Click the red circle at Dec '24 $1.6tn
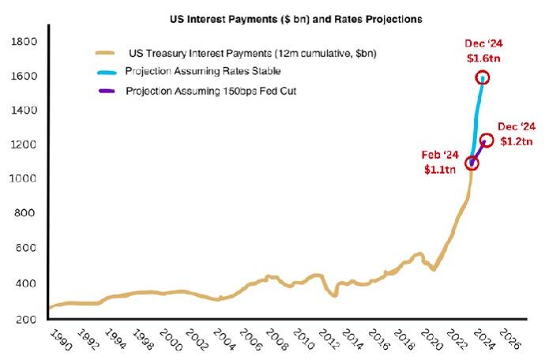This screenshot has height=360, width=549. coord(482,77)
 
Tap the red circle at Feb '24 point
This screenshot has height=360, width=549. coord(472,163)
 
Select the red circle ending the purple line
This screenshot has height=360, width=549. coord(487,140)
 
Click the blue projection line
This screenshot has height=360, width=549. coord(476,118)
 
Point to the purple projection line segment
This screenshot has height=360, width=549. coord(479,152)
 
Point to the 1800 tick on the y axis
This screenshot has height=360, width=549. coord(24,41)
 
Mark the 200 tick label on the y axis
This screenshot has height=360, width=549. coord(26,318)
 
